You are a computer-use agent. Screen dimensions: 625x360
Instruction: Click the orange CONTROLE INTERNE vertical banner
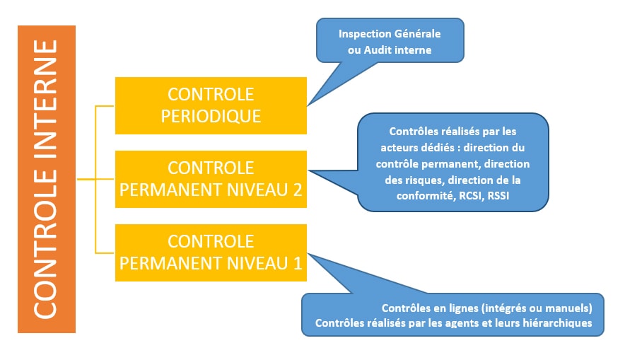47,179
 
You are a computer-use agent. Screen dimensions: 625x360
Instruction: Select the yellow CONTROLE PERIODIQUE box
211,105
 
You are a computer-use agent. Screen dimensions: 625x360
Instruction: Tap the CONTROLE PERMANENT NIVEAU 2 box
211,179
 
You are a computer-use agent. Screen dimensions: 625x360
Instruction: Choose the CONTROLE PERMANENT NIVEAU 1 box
211,252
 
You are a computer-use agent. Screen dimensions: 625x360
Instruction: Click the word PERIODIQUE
211,117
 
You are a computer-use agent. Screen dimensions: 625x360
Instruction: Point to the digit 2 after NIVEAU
298,190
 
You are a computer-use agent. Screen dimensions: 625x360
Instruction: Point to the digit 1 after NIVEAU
298,264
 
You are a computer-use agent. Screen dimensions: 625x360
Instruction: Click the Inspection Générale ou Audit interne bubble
390,40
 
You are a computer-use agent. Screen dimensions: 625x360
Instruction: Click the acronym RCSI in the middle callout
470,196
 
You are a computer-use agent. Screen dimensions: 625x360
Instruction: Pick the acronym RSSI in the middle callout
498,196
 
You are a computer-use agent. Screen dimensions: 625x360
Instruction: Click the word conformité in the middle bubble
425,196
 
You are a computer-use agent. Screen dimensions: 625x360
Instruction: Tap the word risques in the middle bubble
425,180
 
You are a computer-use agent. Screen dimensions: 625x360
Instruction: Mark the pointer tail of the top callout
308,105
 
